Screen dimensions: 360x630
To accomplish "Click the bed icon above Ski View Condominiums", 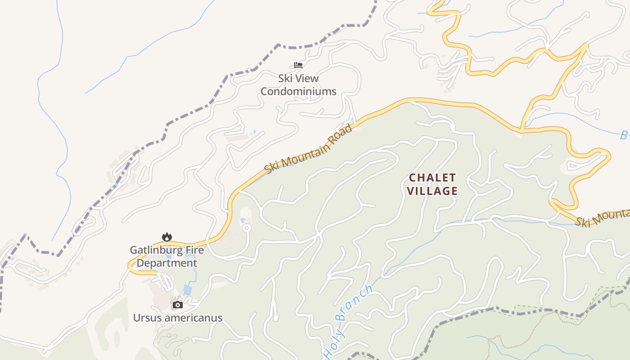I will pos(298,65).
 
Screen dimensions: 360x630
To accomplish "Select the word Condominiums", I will pos(298,91).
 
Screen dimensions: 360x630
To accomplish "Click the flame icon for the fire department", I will pos(167,237).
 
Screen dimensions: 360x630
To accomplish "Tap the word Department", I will pos(167,263).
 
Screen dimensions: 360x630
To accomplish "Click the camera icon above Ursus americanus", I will pos(178,305).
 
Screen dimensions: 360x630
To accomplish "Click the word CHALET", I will pos(432,177).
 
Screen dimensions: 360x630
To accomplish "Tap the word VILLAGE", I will pos(432,191).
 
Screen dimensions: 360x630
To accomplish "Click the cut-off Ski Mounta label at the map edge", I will pos(603,218).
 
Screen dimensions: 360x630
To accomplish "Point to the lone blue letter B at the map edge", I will pos(624,135).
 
